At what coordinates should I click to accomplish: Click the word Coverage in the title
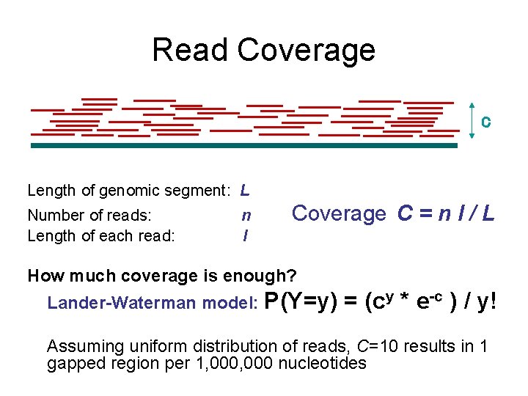307,51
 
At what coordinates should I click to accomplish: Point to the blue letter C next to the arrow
485,122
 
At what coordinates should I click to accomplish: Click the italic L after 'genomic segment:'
245,191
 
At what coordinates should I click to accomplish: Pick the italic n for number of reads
246,216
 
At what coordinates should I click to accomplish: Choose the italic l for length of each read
245,236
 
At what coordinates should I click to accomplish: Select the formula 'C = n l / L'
446,214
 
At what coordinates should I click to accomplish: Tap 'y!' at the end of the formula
486,301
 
